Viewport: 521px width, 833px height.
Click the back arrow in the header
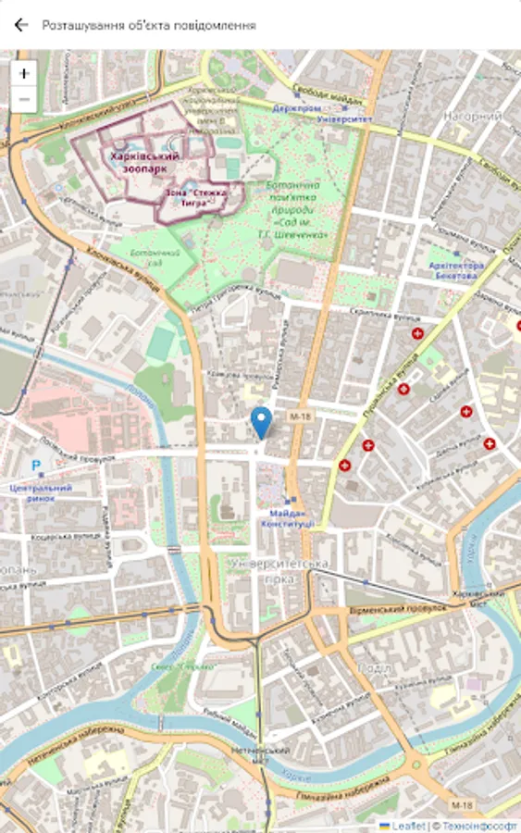(x=21, y=26)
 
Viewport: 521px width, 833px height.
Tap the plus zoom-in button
(x=24, y=73)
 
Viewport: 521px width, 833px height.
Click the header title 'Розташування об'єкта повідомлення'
(x=148, y=26)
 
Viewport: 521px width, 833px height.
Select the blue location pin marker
(x=262, y=422)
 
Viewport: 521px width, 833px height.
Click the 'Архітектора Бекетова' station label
(x=456, y=270)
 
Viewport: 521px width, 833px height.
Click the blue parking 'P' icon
(x=36, y=466)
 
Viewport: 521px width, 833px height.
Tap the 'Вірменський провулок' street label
(x=398, y=611)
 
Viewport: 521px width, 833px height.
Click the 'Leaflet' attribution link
(x=407, y=825)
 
